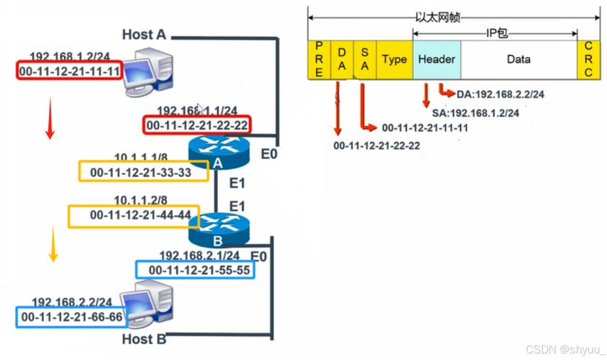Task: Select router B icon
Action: pyautogui.click(x=217, y=229)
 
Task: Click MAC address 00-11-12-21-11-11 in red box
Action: pyautogui.click(x=69, y=71)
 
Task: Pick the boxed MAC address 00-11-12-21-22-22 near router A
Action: pyautogui.click(x=197, y=125)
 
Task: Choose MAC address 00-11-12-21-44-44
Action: pyautogui.click(x=140, y=215)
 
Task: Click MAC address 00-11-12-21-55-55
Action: pyautogui.click(x=195, y=270)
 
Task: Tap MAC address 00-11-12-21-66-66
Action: pyautogui.click(x=69, y=316)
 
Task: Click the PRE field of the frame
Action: pyautogui.click(x=318, y=60)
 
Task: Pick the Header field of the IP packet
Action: pyautogui.click(x=437, y=60)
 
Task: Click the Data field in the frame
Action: pyautogui.click(x=518, y=60)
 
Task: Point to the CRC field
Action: pyautogui.click(x=588, y=60)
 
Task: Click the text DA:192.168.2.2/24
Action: pyautogui.click(x=500, y=94)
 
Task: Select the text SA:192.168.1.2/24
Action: pyautogui.click(x=476, y=113)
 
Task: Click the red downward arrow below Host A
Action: pyautogui.click(x=50, y=119)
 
